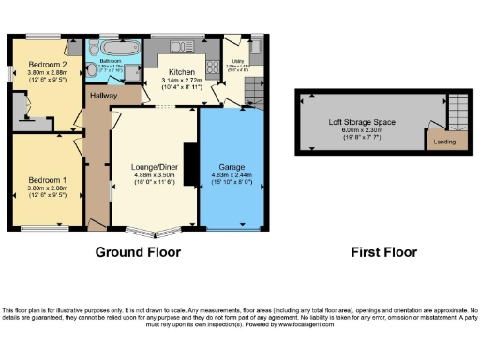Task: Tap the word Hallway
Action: (x=105, y=95)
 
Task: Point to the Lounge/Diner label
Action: (x=154, y=166)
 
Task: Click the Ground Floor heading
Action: (x=138, y=251)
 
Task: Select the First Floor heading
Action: (x=383, y=251)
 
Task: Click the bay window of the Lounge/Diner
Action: (x=154, y=231)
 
